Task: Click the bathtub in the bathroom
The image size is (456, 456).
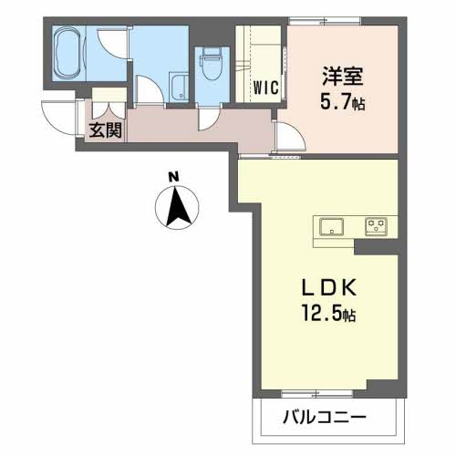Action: [69, 53]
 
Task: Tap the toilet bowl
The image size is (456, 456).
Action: [212, 65]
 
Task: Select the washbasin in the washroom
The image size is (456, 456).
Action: [179, 87]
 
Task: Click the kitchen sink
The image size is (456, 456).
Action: [331, 226]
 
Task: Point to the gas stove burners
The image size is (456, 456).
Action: [376, 226]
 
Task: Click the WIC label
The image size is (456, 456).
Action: [266, 88]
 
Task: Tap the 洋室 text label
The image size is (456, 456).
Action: [343, 76]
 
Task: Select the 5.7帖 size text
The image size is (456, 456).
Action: [342, 101]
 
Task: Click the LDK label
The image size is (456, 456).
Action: [328, 287]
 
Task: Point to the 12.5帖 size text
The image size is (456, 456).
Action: [328, 313]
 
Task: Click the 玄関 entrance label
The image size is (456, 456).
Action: [106, 130]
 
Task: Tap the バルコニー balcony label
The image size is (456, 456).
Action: [325, 418]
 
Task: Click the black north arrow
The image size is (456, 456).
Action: [177, 207]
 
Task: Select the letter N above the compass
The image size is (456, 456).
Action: [173, 177]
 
